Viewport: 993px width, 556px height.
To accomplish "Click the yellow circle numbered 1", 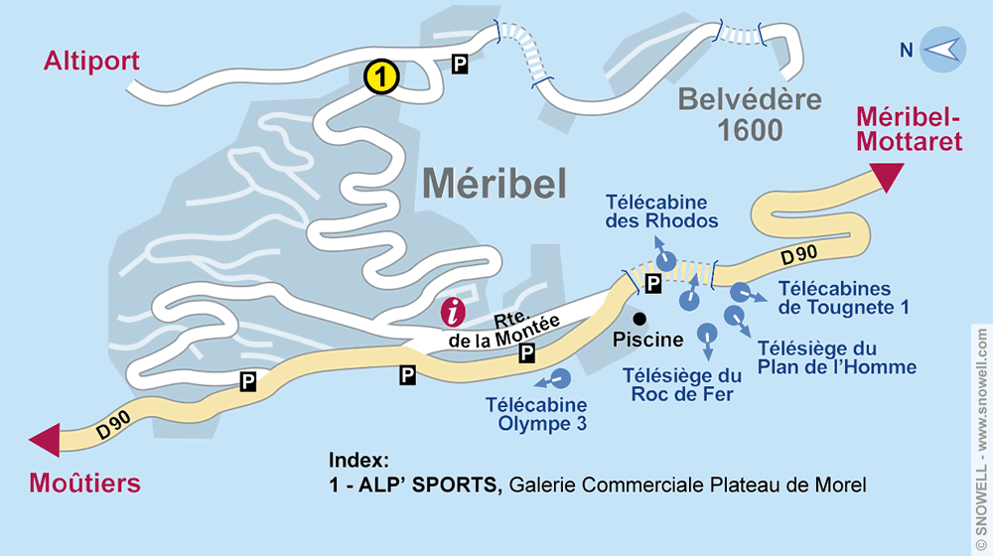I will click(x=382, y=76).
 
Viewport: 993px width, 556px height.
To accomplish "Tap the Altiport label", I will click(x=91, y=62).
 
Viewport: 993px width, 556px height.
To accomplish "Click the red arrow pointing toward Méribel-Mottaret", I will click(x=886, y=178).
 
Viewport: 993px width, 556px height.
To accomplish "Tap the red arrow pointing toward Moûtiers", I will click(x=45, y=440).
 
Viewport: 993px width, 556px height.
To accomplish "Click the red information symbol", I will click(x=454, y=312).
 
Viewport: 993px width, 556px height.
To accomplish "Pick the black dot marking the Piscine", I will click(x=640, y=319).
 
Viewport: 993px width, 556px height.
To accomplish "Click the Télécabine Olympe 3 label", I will click(x=536, y=414).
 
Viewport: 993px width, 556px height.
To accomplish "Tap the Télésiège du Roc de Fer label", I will click(x=682, y=384).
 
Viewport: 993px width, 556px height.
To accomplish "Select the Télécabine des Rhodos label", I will click(x=661, y=210).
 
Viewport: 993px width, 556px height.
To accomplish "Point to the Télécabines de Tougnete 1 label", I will click(x=843, y=298).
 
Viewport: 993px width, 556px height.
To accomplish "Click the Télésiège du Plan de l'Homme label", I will click(x=836, y=357).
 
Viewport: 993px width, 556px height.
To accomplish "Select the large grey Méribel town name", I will click(x=494, y=182).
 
